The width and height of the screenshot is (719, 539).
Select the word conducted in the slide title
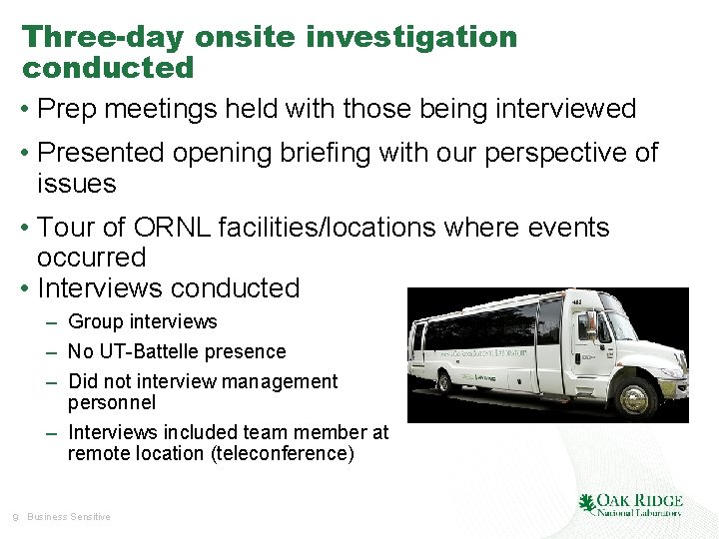[108, 68]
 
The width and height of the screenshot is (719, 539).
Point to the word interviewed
[565, 109]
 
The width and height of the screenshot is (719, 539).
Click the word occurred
[91, 258]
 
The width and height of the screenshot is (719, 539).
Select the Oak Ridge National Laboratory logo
[630, 504]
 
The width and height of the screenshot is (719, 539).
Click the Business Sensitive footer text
[69, 517]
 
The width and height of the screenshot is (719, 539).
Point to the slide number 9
[14, 517]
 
